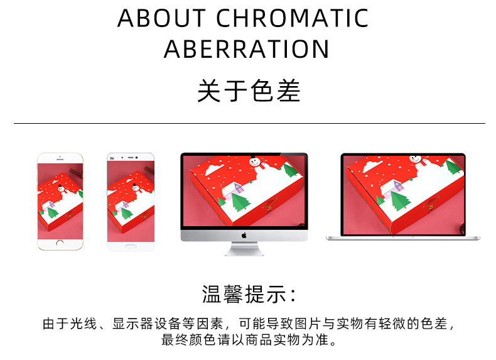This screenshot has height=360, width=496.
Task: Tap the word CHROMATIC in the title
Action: point(292,19)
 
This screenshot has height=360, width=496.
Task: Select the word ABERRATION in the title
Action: point(247,49)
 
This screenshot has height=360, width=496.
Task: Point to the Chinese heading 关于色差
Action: point(249,91)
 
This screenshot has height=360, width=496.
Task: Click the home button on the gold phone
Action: point(60,243)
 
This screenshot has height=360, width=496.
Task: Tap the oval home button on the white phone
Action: point(130,244)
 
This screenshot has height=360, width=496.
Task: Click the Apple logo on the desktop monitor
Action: point(244,236)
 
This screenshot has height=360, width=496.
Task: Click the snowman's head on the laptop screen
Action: point(415,160)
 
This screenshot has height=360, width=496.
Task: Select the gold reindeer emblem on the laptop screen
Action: point(432,202)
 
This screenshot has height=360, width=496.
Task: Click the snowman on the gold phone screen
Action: point(58,188)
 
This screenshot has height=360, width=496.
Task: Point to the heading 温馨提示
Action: point(249,293)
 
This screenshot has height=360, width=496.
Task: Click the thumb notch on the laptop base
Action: point(402,237)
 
